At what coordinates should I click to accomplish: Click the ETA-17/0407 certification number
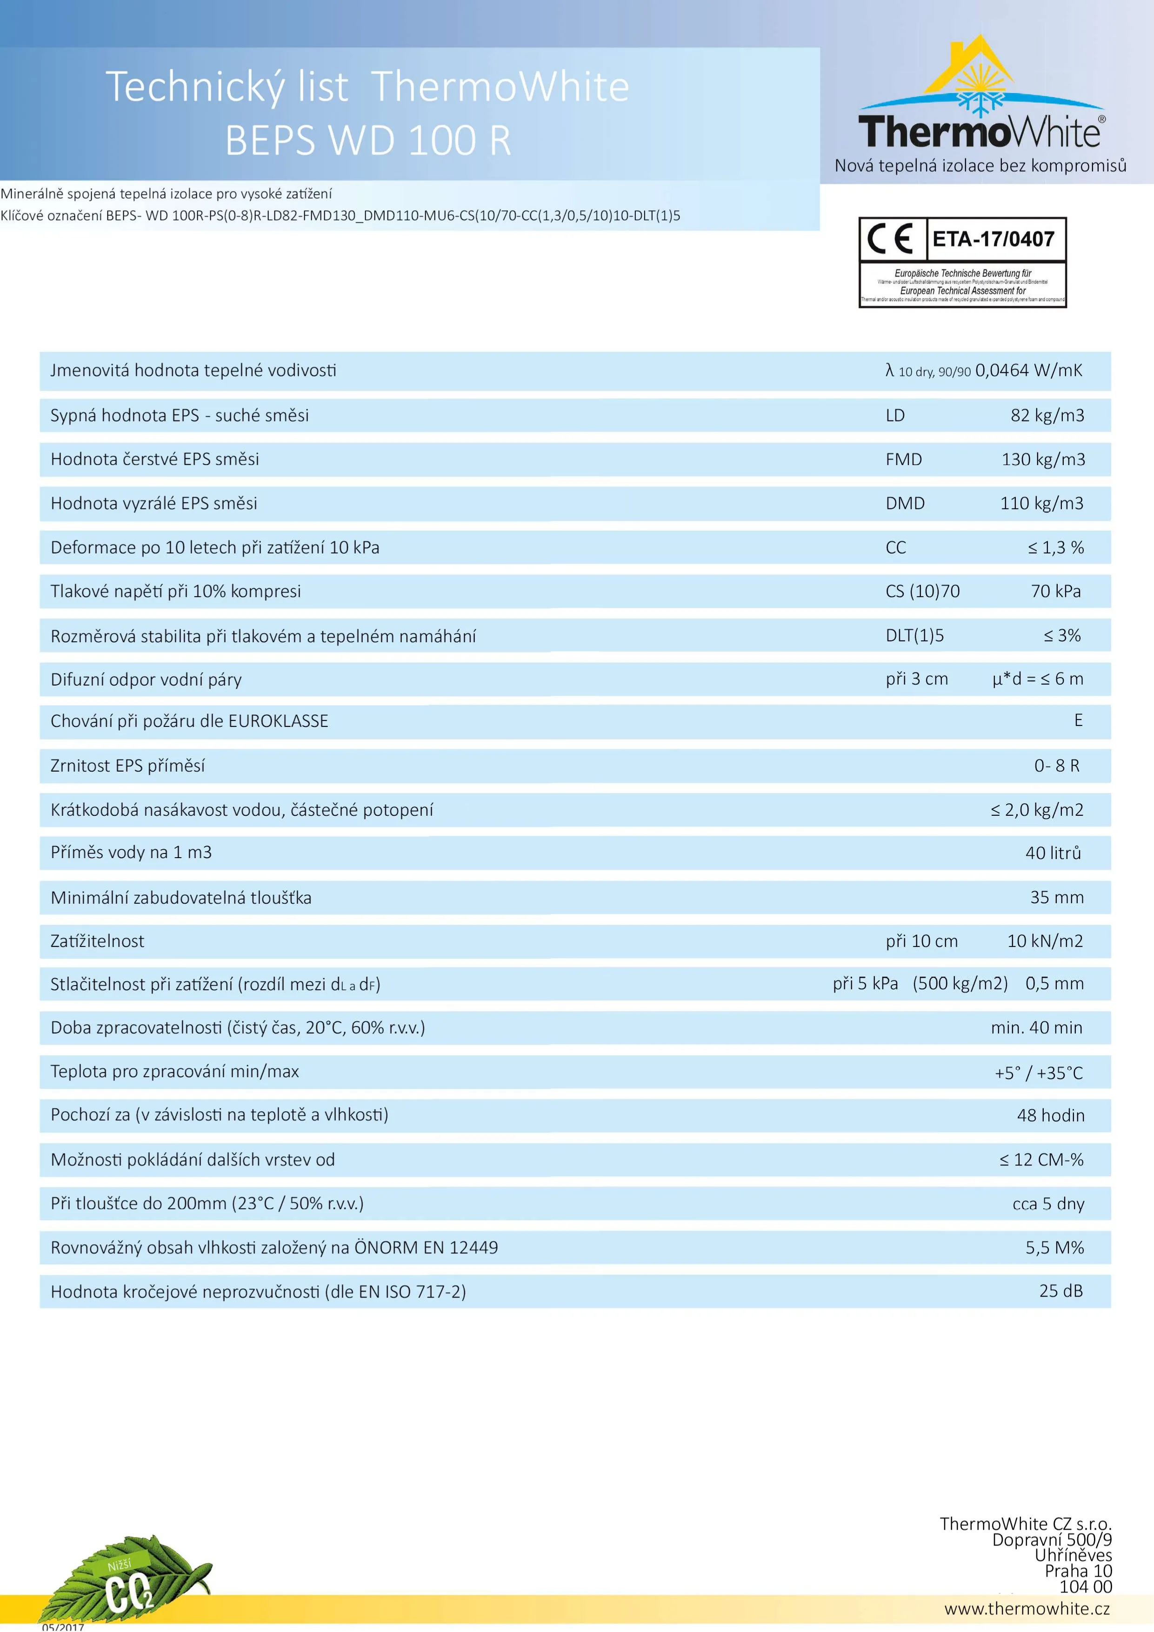point(994,239)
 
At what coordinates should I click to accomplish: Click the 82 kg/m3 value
point(1047,415)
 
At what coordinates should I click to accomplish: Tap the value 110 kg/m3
point(1041,503)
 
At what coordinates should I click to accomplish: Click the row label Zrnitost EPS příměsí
point(128,766)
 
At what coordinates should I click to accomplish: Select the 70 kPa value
point(1055,592)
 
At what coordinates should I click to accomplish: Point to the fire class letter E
point(1078,721)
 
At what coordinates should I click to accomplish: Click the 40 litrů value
point(1053,853)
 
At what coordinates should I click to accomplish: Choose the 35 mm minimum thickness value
point(1057,897)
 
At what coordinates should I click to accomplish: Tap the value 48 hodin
point(1050,1115)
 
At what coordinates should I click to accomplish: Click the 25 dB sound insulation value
point(1061,1291)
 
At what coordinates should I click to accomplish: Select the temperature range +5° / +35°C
point(1038,1072)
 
